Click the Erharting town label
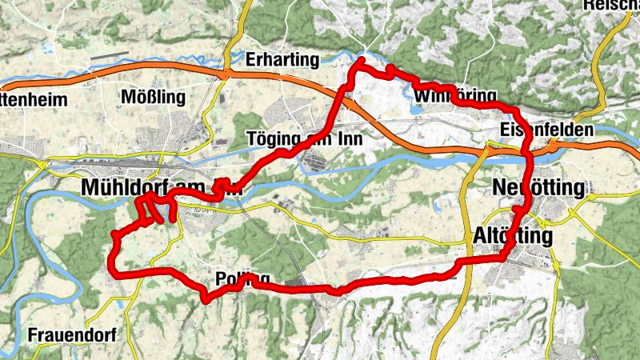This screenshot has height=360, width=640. (x=283, y=60)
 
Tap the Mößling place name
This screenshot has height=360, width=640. (x=152, y=98)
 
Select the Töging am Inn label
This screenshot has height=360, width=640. (x=306, y=138)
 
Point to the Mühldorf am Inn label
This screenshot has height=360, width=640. (x=161, y=187)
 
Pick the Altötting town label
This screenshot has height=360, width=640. (x=512, y=237)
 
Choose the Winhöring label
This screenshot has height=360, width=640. (x=456, y=97)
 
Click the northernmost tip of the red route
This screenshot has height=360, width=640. (x=362, y=60)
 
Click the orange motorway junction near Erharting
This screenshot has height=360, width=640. (x=228, y=74)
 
